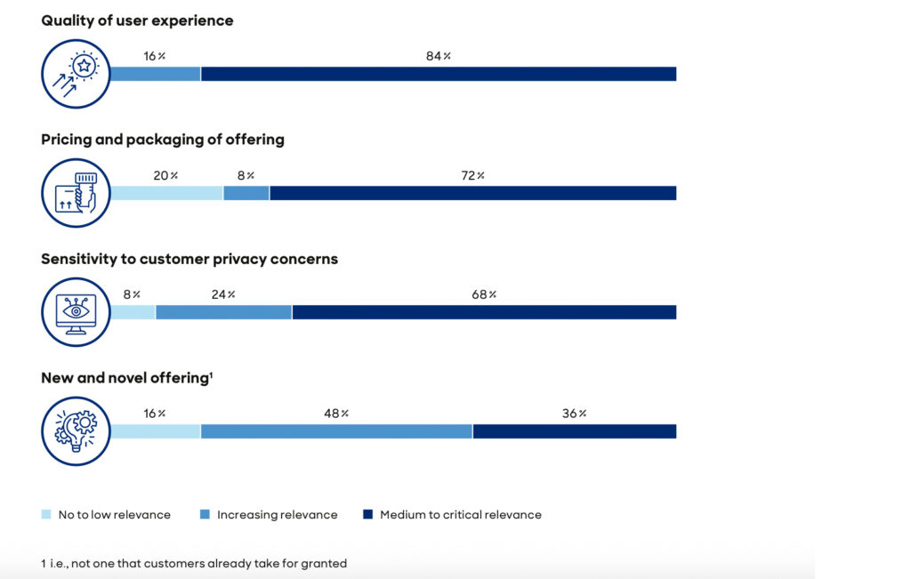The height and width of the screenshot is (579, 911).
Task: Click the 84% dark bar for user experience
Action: [x=438, y=74]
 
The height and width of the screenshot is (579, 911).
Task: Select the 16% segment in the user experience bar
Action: [x=156, y=74]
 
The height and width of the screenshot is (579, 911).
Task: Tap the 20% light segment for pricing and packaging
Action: [x=166, y=193]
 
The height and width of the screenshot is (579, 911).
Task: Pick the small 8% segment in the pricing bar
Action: [x=246, y=193]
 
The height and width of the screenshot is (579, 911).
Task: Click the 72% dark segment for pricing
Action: [x=472, y=193]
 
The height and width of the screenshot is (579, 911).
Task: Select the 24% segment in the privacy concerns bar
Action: [x=223, y=312]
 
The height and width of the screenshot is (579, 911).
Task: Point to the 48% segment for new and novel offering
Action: [x=336, y=431]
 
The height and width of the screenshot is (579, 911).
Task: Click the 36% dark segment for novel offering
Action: [x=574, y=431]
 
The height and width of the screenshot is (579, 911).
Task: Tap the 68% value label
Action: [x=485, y=294]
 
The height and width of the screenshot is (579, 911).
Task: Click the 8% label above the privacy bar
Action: [x=131, y=294]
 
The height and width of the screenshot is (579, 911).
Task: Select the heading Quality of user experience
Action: [x=137, y=20]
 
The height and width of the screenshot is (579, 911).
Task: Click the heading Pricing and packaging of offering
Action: [x=163, y=140]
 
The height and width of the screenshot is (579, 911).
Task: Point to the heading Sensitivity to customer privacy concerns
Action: [x=189, y=259]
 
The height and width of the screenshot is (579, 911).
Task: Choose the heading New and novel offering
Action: [x=126, y=378]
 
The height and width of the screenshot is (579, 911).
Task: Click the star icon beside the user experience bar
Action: [x=76, y=74]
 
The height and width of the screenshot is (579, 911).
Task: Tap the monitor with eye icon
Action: [x=76, y=312]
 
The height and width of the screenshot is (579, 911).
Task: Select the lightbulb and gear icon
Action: [x=76, y=431]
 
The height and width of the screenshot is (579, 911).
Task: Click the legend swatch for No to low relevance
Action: [x=46, y=514]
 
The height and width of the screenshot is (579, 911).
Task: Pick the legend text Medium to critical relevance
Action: [x=460, y=514]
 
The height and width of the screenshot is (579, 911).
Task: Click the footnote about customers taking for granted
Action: [x=193, y=563]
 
